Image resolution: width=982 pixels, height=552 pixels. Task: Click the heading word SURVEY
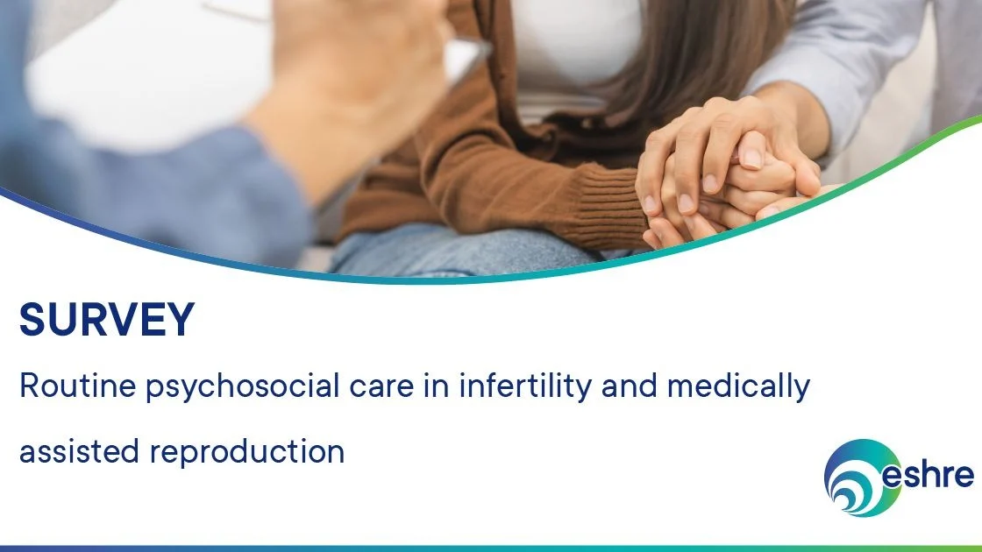click(x=106, y=320)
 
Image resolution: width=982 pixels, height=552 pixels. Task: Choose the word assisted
click(x=79, y=451)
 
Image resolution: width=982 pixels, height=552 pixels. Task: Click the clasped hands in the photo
click(x=728, y=175)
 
